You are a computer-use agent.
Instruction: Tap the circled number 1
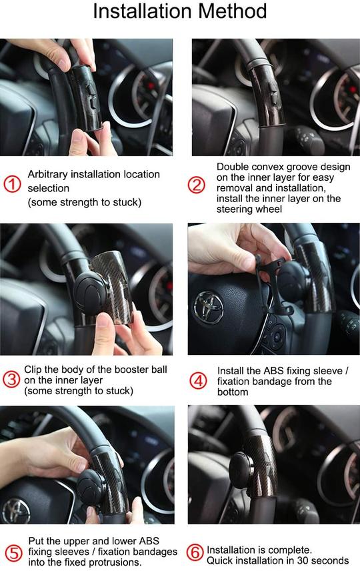13,184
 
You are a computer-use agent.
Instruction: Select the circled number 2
197,185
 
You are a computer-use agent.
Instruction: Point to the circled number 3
11,380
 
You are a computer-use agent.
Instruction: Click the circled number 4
199,381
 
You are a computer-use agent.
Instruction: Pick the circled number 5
13,553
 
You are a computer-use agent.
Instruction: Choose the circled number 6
195,553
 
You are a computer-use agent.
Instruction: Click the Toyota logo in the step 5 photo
15,511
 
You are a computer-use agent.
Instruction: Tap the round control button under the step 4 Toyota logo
278,334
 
